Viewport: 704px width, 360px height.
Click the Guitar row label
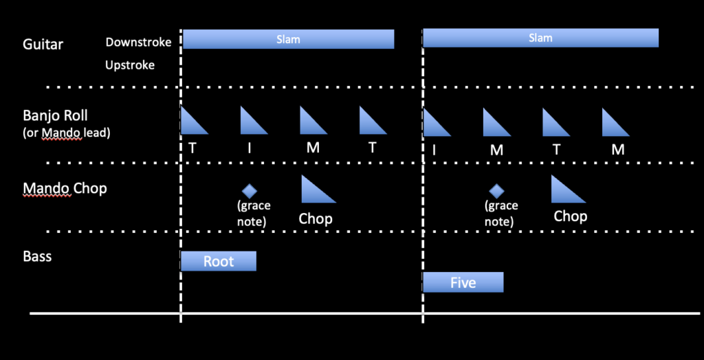pos(43,45)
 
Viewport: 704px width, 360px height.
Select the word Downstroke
pos(137,42)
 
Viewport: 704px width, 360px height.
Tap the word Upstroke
pos(130,65)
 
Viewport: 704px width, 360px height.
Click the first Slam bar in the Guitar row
pos(288,39)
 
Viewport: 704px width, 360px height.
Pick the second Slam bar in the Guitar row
pos(540,38)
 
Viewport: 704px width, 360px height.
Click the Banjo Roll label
pos(55,115)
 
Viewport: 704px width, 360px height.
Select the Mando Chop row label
pos(65,188)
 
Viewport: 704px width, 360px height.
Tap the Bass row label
pos(37,257)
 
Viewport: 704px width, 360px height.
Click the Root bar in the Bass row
pos(218,261)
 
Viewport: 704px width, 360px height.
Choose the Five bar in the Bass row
pos(463,282)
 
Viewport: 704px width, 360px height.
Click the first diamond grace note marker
pos(249,191)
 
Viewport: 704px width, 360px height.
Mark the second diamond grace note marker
pos(496,191)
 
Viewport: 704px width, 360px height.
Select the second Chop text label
pos(570,216)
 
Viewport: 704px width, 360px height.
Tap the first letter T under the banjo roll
pos(192,148)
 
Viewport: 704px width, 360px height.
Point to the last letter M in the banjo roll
pos(617,150)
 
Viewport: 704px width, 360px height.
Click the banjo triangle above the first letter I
pos(252,122)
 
